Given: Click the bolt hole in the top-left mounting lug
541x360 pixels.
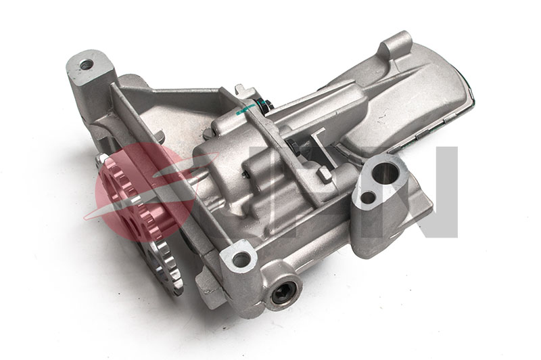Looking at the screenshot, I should point(86,65).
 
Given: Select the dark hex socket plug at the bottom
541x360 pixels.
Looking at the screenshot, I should point(283,293).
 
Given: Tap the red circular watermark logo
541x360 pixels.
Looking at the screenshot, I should point(139,186).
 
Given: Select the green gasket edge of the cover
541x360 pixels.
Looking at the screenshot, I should point(468,102).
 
